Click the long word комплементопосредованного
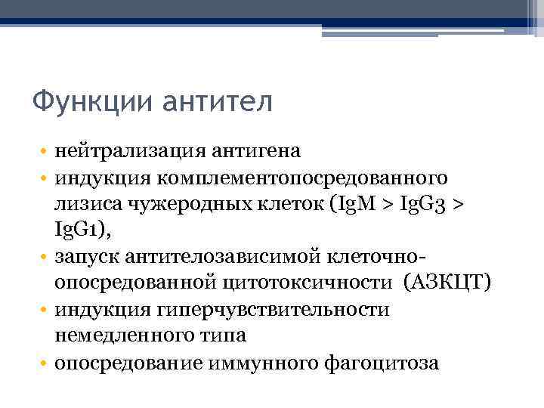point(302,178)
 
